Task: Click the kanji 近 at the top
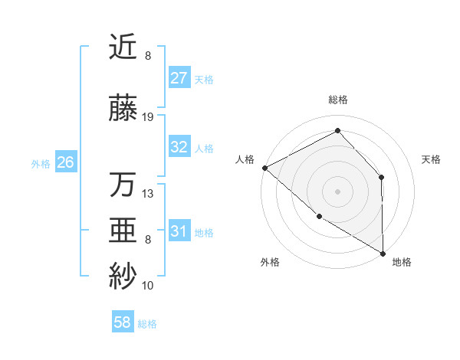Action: click(123, 47)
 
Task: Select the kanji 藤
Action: click(123, 110)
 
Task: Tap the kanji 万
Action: click(123, 185)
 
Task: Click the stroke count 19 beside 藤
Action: click(148, 117)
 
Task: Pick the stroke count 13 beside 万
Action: click(148, 193)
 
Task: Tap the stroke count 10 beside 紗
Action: click(148, 286)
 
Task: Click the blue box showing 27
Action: click(179, 77)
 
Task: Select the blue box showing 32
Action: click(179, 147)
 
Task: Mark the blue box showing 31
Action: click(179, 231)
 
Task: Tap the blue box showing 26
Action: click(65, 162)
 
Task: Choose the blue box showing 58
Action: click(123, 322)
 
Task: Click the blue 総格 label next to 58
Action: click(148, 324)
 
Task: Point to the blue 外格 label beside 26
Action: click(41, 163)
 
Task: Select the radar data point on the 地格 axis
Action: click(383, 254)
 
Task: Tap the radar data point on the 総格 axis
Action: click(337, 131)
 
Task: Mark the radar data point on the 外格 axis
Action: click(319, 217)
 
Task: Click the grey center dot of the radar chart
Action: click(337, 191)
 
